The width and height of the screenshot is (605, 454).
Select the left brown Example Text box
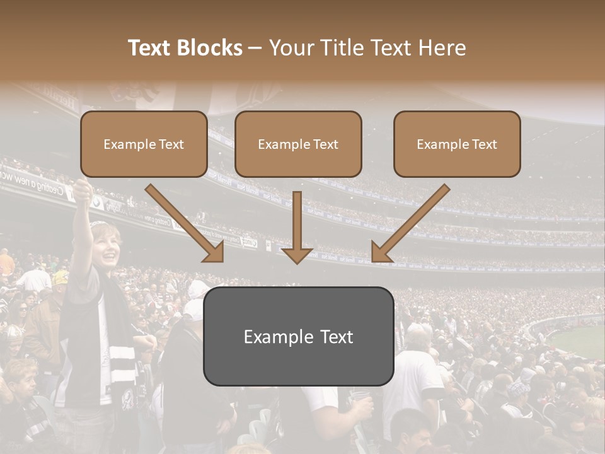click(144, 144)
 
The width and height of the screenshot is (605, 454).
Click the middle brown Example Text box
click(298, 144)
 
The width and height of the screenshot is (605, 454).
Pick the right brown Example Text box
click(457, 144)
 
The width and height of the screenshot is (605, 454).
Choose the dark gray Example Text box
click(298, 336)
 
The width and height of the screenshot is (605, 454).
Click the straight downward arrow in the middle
click(297, 227)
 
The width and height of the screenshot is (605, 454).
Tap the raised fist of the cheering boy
click(82, 189)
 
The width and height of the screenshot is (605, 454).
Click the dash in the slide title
click(255, 48)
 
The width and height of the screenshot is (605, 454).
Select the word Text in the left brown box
click(171, 144)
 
